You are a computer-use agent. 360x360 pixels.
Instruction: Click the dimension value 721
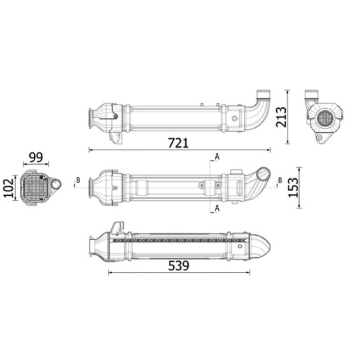[x=178, y=143]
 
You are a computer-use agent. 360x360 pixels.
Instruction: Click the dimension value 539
[x=179, y=265]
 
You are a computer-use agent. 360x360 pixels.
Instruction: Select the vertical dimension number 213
[x=281, y=117]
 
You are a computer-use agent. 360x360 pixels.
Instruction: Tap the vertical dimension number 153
[x=293, y=188]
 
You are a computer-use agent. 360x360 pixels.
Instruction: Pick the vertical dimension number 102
[x=9, y=188]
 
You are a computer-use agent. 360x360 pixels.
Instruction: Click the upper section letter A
[x=217, y=157]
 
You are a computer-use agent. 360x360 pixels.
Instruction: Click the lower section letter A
[x=217, y=208]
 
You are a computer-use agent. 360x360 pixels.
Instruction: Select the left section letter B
[x=78, y=180]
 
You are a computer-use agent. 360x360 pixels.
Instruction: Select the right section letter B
[x=280, y=180]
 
